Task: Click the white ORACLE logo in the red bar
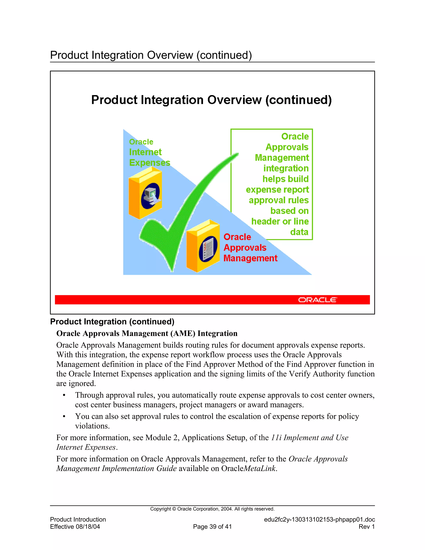(317, 300)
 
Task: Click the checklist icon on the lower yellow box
(208, 248)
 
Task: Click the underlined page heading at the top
(151, 55)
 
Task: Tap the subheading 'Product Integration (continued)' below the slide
(112, 321)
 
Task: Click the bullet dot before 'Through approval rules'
(64, 395)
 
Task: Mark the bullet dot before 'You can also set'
(64, 417)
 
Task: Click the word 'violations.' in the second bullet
(92, 426)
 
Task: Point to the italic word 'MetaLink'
(260, 468)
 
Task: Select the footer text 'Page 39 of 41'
(212, 527)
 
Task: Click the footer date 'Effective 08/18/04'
(75, 527)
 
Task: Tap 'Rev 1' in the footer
(367, 527)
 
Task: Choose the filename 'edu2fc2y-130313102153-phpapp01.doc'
(319, 519)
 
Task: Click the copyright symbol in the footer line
(174, 509)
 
